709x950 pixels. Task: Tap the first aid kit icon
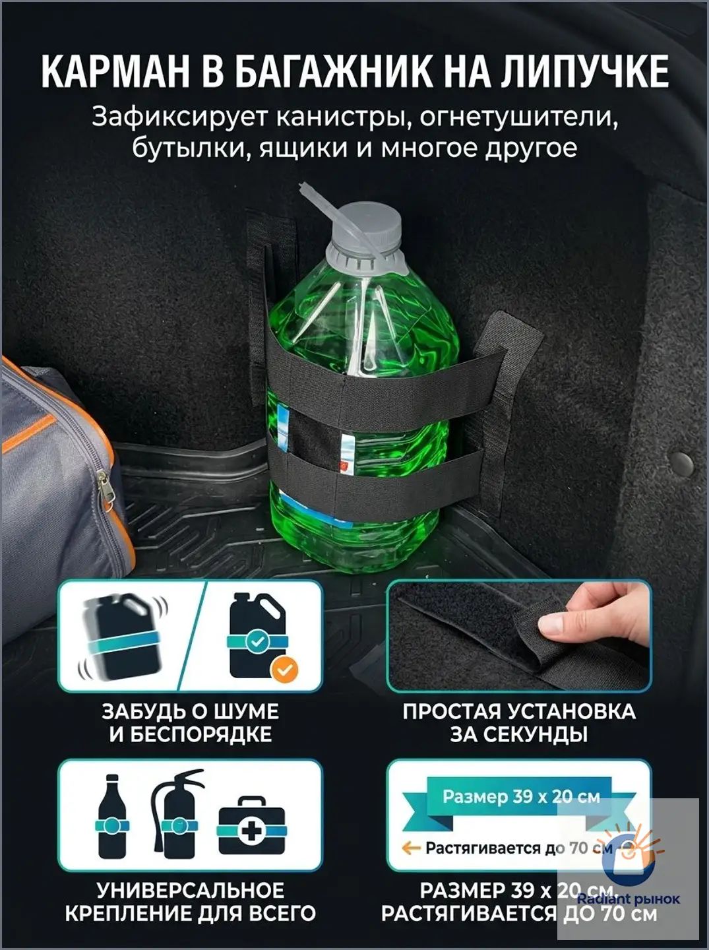pyautogui.click(x=251, y=827)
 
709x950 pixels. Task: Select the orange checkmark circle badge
pyautogui.click(x=284, y=670)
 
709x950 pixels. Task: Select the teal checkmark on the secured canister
pyautogui.click(x=257, y=642)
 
